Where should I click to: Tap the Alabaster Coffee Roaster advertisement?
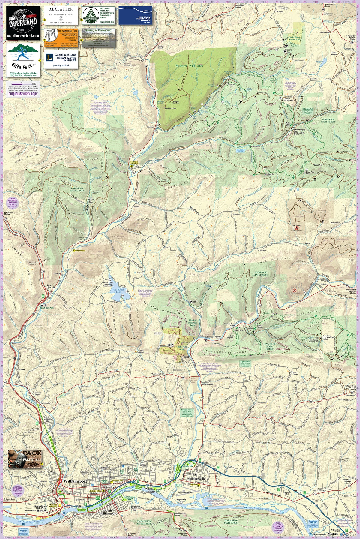pyautogui.click(x=61, y=14)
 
